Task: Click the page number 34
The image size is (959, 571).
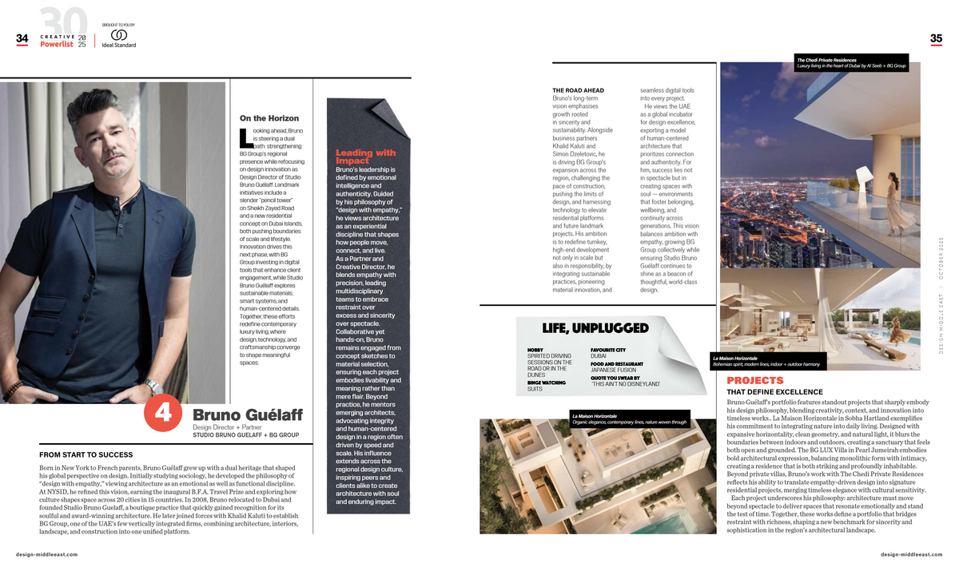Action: click(22, 38)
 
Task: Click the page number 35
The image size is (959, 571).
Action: click(936, 38)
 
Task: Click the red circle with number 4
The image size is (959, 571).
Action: click(163, 414)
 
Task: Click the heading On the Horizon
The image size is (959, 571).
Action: click(269, 118)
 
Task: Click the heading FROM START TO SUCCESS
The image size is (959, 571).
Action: click(86, 454)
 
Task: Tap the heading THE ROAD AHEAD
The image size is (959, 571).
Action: click(579, 90)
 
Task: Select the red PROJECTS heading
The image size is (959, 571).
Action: click(755, 381)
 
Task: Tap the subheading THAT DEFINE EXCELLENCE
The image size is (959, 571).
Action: click(774, 392)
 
